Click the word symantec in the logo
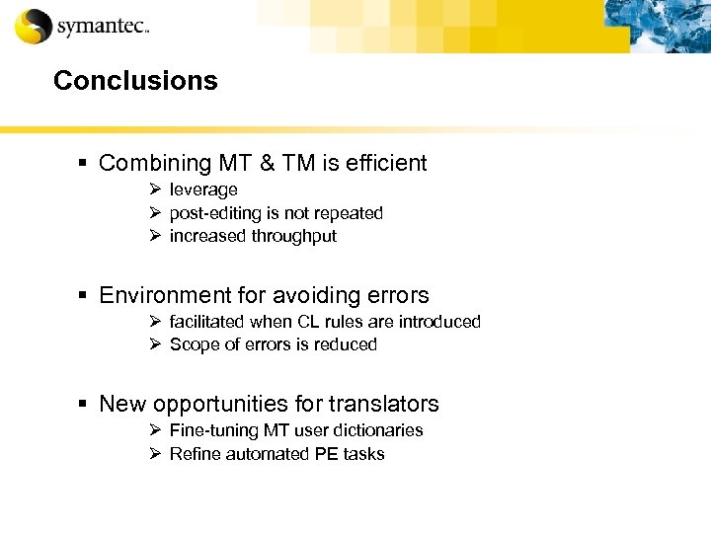tap(101, 27)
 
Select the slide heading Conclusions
tap(135, 81)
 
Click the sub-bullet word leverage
tap(203, 190)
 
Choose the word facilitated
tap(208, 322)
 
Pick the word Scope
tap(192, 344)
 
